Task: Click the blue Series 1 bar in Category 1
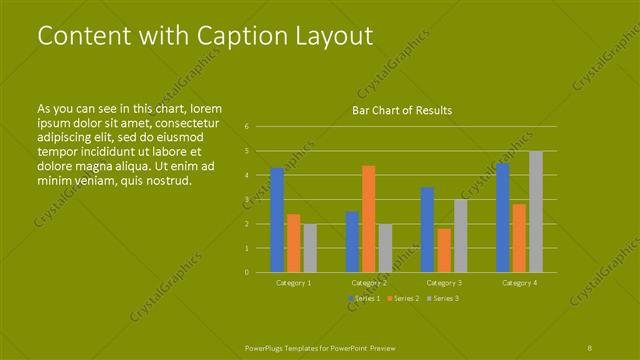pyautogui.click(x=277, y=220)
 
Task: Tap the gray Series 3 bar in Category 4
pyautogui.click(x=536, y=212)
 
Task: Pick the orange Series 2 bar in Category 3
pyautogui.click(x=444, y=250)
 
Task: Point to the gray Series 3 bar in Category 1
pyautogui.click(x=310, y=248)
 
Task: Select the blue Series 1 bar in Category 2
pyautogui.click(x=352, y=242)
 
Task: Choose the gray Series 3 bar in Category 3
pyautogui.click(x=461, y=236)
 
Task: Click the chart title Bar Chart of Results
pyautogui.click(x=402, y=110)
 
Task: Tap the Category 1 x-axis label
pyautogui.click(x=293, y=283)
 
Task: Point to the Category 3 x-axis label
pyautogui.click(x=444, y=283)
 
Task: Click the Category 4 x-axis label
pyautogui.click(x=519, y=283)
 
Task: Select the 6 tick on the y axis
pyautogui.click(x=246, y=127)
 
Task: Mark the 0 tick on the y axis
pyautogui.click(x=246, y=272)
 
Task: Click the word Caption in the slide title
pyautogui.click(x=216, y=36)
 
